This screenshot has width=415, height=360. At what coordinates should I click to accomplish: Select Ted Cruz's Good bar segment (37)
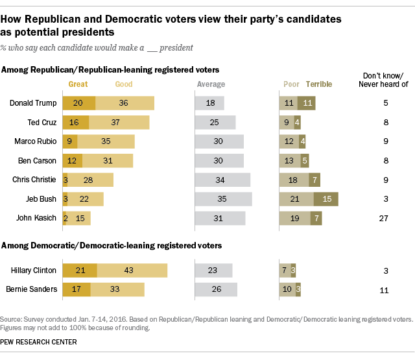coord(119,122)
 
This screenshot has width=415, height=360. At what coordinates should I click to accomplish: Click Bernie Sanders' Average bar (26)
coord(216,289)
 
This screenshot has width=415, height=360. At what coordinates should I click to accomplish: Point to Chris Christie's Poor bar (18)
coord(293,180)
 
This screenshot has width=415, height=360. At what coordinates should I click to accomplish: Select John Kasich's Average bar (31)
coord(220,218)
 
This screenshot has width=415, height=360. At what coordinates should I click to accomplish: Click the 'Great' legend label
coord(78,84)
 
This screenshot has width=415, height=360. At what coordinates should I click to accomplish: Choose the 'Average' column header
coord(211,84)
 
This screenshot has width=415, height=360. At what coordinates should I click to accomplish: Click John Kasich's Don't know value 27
coord(384,218)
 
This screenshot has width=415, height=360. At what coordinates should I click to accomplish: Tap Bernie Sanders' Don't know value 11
coord(384,289)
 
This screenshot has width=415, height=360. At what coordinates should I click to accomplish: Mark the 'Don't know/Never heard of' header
coord(383,80)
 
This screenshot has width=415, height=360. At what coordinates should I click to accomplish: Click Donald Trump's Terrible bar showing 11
coord(307,102)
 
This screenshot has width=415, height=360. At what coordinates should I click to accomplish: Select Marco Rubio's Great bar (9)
coord(70,141)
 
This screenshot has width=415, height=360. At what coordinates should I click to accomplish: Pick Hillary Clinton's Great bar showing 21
coord(80,270)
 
